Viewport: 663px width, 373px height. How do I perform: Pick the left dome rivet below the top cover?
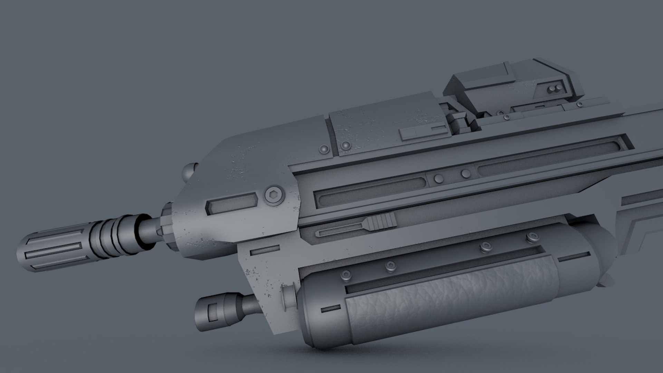tap(325, 149)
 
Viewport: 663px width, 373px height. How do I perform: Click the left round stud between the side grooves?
tap(439, 179)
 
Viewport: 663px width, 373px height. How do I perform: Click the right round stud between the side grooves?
tap(466, 173)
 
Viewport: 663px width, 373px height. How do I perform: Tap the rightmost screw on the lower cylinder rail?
tap(531, 237)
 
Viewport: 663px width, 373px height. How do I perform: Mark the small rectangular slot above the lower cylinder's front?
tap(265, 249)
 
